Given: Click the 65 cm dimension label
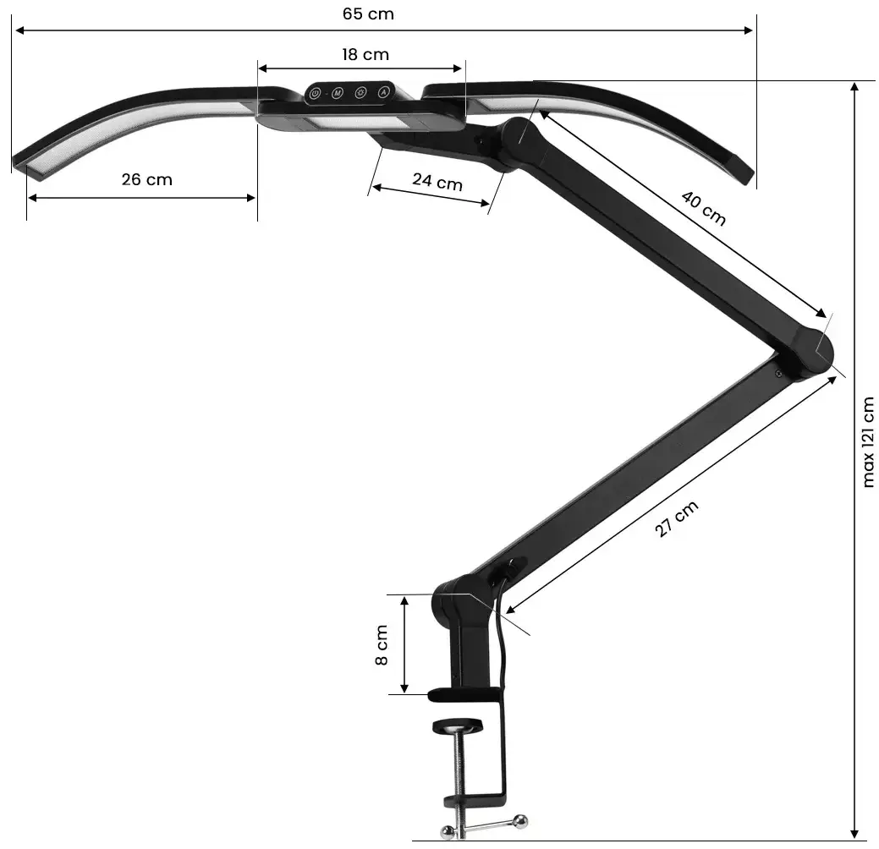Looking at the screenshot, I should [368, 14].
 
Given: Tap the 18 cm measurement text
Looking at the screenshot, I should [365, 55].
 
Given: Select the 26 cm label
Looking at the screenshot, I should [146, 179].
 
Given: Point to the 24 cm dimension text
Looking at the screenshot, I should [437, 181].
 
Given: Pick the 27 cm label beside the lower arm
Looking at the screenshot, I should [677, 519].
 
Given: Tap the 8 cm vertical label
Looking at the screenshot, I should [382, 645].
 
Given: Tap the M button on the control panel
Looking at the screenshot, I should [337, 92].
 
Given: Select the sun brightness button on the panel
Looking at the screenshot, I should [360, 92].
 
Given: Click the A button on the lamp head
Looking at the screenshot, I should [383, 92].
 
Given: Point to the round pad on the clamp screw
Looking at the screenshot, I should [457, 726].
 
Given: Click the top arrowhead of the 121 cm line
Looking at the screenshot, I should [855, 88].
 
